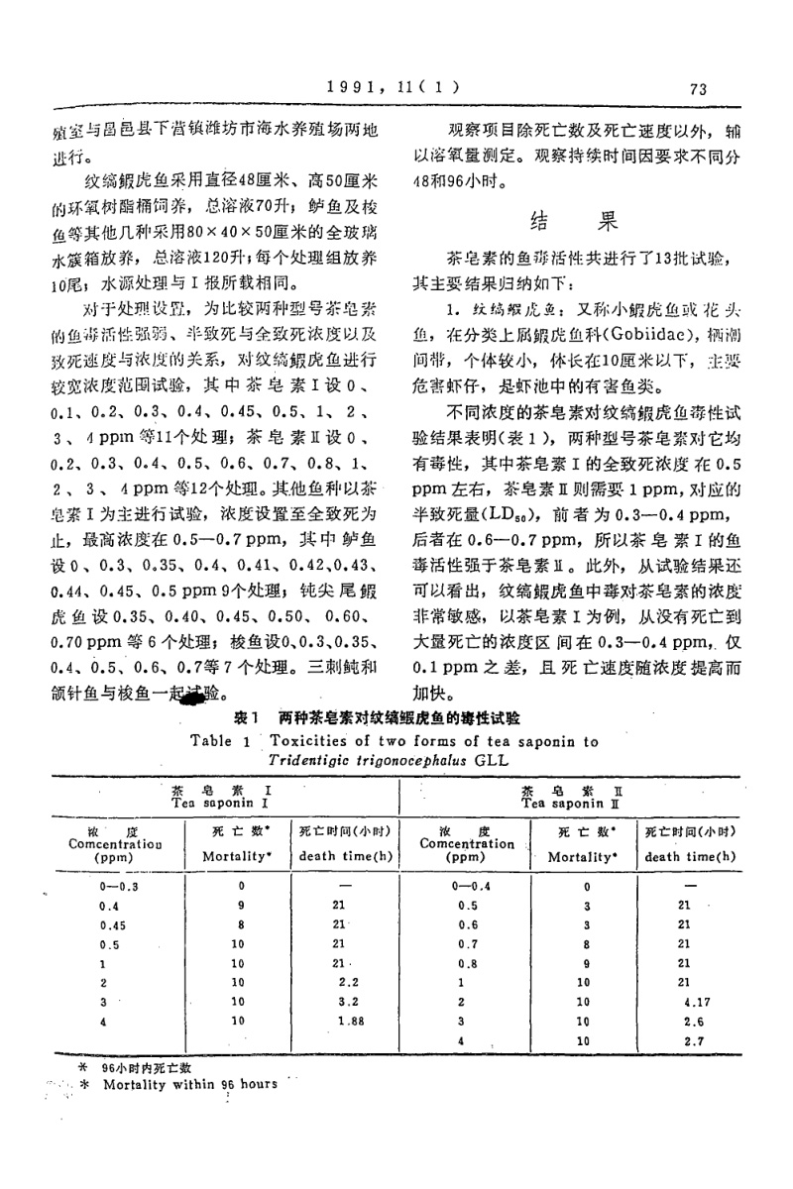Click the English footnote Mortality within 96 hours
(x=189, y=1084)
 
